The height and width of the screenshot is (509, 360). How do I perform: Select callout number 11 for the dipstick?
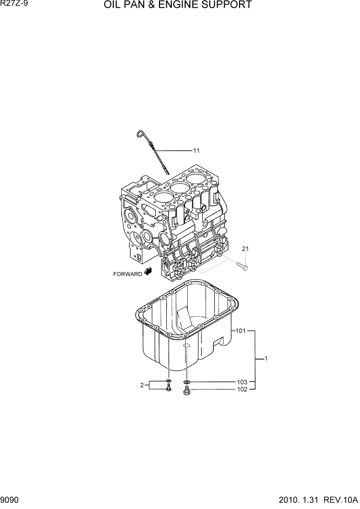click(x=196, y=151)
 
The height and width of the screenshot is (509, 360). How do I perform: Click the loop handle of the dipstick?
click(x=139, y=134)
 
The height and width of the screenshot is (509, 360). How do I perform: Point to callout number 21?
click(x=245, y=249)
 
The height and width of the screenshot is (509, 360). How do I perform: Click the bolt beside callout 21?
click(x=243, y=266)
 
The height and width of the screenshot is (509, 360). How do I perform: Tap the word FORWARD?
click(x=128, y=274)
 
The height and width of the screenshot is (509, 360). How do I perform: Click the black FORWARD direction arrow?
click(x=149, y=272)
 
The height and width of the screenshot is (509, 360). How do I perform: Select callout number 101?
click(x=241, y=331)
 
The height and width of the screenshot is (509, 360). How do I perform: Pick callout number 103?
click(x=242, y=382)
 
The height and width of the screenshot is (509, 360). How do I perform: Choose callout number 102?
click(x=242, y=389)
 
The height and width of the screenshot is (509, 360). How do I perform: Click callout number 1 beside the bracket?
click(x=267, y=359)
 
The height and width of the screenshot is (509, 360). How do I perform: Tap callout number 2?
click(x=142, y=385)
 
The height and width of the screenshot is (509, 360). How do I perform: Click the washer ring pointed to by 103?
click(x=187, y=382)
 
